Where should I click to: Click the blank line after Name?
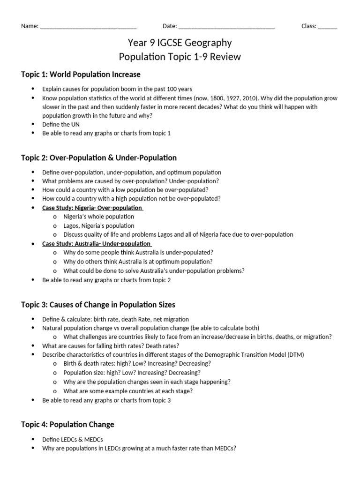(88, 27)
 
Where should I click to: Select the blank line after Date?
(227, 27)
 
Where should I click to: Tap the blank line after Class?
(327, 27)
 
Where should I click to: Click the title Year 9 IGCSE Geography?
(180, 43)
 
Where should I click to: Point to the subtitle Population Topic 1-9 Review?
(180, 57)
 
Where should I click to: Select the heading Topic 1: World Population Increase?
(81, 75)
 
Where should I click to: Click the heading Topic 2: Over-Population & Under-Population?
(99, 158)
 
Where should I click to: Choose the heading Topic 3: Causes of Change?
(98, 305)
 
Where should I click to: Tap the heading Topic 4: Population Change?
(67, 425)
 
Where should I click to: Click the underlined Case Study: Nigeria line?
(92, 208)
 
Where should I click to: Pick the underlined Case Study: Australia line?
(97, 244)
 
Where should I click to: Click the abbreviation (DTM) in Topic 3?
(294, 355)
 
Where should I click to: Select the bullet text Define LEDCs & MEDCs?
(73, 439)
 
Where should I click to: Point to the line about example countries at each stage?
(128, 391)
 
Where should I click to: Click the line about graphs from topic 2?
(106, 280)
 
